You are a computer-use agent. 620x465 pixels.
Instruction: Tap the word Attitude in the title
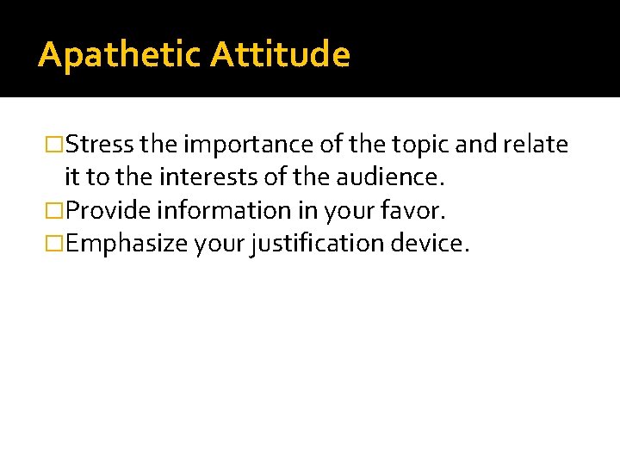pos(281,55)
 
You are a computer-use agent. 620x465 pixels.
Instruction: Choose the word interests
pos(203,177)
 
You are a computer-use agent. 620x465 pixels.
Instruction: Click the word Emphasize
pos(126,243)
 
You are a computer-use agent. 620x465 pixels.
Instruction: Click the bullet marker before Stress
pos(57,145)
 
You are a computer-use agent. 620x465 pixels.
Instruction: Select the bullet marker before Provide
pos(57,210)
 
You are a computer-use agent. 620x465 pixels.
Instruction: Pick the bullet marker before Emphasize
pos(57,243)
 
